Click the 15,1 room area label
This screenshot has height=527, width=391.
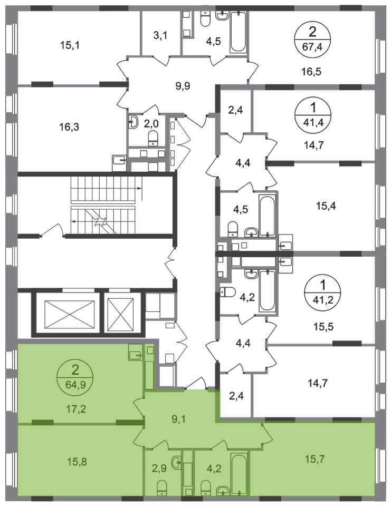(70, 45)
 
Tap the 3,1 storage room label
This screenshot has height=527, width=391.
(160, 35)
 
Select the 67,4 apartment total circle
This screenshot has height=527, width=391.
(312, 40)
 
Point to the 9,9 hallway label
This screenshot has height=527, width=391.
(183, 86)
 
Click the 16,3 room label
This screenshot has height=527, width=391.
(69, 127)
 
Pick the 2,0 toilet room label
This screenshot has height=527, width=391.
(151, 124)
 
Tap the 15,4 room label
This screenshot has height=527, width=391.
(326, 206)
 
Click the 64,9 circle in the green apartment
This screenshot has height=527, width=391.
(75, 377)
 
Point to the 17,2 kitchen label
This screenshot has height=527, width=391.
(75, 409)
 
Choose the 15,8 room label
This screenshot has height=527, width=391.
(77, 462)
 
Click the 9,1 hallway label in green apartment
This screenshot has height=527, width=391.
(178, 419)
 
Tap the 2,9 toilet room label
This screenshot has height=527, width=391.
(159, 468)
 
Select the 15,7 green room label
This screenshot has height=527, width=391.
(314, 458)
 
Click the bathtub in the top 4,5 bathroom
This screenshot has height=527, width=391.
(238, 32)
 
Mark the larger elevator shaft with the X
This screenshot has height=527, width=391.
(70, 313)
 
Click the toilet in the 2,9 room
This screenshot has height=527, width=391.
(162, 488)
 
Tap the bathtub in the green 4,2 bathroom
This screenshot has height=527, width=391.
(239, 474)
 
